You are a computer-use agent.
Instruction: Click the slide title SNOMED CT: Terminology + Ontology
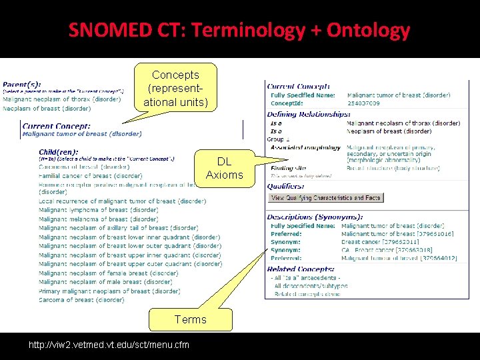239,30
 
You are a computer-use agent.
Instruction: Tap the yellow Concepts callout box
175,89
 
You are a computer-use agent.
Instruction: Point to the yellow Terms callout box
191,319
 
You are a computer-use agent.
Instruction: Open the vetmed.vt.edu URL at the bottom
109,345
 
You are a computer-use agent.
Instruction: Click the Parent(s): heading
22,84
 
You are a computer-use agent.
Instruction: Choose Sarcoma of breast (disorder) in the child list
81,300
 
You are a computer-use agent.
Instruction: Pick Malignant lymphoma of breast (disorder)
98,210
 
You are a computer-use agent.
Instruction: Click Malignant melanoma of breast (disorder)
98,219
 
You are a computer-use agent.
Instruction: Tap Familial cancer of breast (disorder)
90,176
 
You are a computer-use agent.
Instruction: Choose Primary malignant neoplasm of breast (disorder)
109,291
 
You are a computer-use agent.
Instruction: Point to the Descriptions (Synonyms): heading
315,217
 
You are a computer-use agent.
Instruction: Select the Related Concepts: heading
301,269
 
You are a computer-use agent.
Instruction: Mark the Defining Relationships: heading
309,115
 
